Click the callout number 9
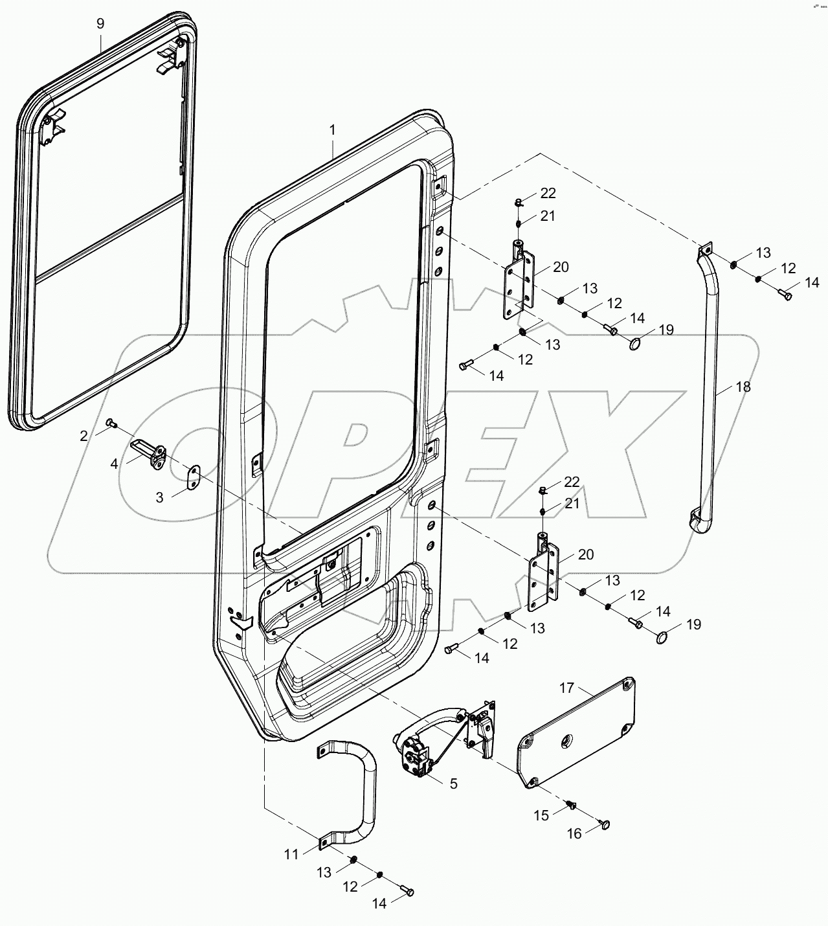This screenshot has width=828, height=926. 100,23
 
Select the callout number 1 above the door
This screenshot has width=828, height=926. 333,130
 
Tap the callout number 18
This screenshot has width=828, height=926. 743,387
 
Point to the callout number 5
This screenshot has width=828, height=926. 453,784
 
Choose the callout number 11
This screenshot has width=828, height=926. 291,854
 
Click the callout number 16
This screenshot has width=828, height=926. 574,834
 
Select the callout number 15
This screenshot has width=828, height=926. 542,815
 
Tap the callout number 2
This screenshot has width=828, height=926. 84,436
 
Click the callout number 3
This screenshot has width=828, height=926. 159,497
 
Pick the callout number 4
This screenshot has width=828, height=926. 114,464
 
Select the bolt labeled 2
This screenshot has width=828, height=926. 111,423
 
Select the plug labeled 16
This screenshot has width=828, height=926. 605,824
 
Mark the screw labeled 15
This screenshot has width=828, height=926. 570,804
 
